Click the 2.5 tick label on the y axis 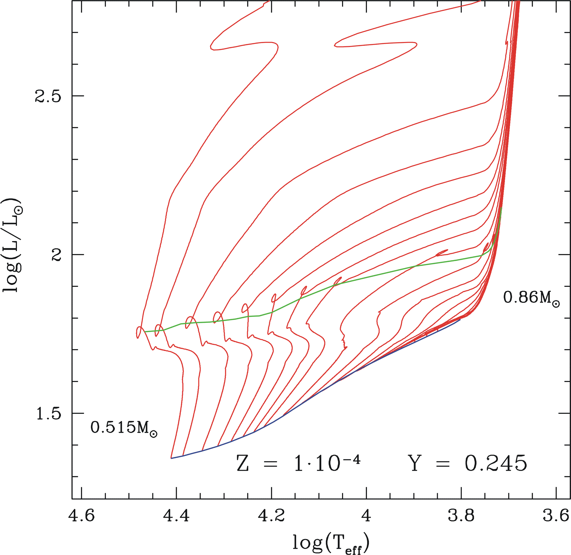(48, 96)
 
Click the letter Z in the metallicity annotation (243, 464)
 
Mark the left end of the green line (145, 332)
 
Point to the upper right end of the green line (501, 208)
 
